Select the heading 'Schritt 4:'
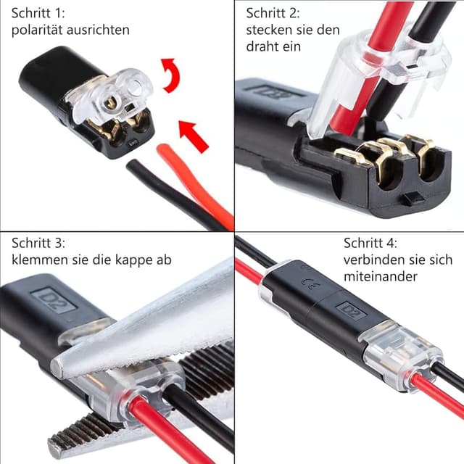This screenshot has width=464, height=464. (370, 242)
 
